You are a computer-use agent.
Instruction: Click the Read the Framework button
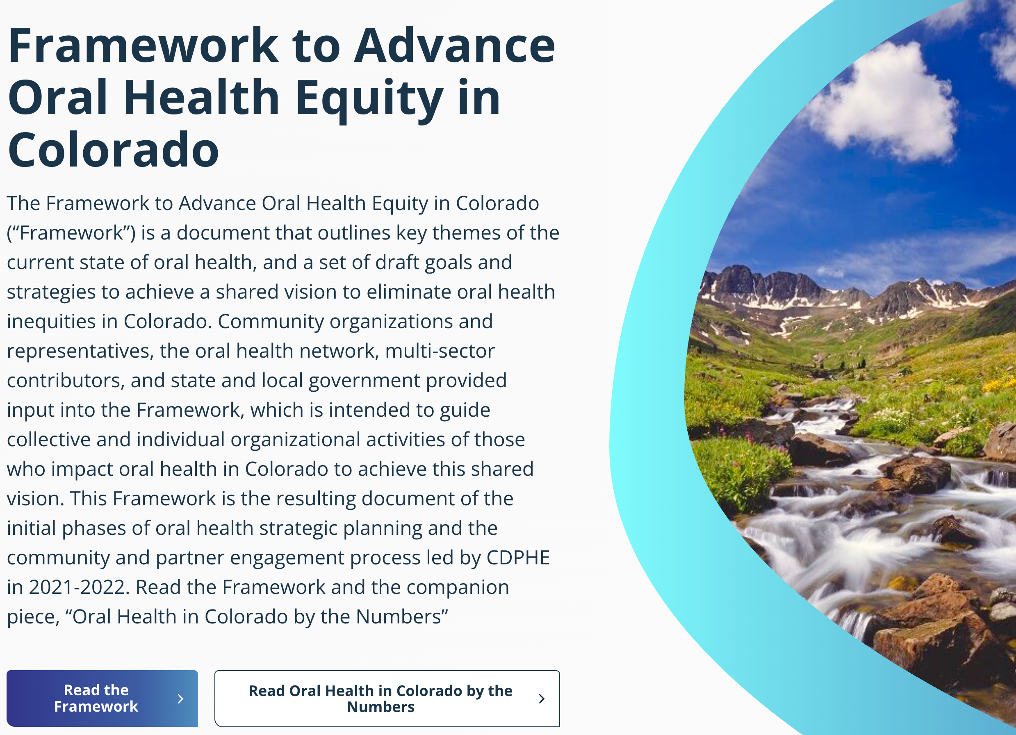point(102,698)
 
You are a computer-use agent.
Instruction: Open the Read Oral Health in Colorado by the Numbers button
point(387,698)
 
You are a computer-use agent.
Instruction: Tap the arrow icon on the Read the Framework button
point(180,698)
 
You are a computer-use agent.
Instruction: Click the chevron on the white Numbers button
point(542,698)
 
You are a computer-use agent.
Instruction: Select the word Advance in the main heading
point(455,45)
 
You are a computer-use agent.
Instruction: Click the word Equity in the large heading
point(369,100)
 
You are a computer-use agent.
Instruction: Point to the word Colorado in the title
point(113,150)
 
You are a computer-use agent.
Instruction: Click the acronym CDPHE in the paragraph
point(518,557)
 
